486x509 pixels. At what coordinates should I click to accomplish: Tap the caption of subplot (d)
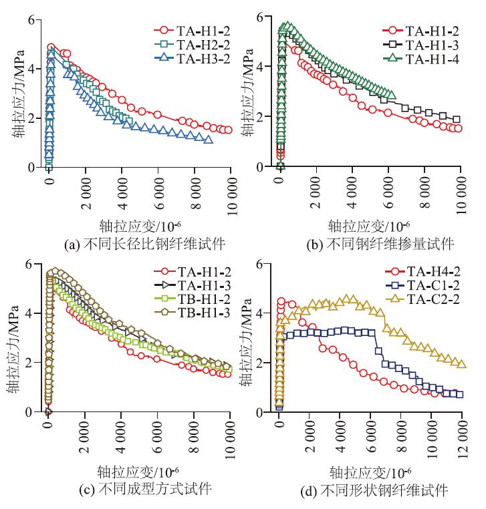click(x=371, y=489)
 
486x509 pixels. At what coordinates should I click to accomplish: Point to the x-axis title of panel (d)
click(x=371, y=471)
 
